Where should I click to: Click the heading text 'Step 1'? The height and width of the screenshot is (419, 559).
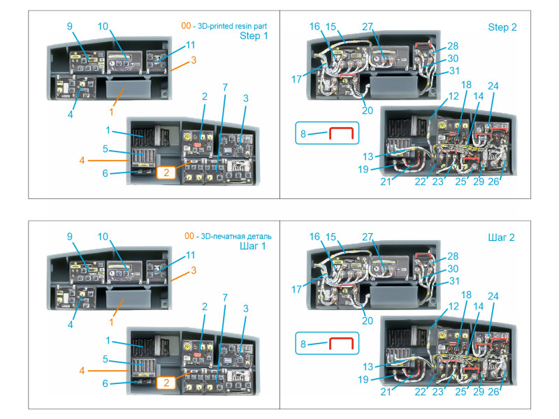(x=254, y=36)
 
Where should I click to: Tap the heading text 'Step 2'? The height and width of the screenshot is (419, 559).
(x=502, y=27)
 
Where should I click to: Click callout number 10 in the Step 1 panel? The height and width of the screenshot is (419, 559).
(x=103, y=27)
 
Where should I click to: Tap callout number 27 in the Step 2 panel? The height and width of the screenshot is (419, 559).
(x=369, y=27)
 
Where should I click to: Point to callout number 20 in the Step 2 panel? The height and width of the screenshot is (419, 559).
(x=368, y=110)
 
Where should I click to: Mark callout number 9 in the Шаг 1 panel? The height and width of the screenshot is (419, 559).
(x=70, y=237)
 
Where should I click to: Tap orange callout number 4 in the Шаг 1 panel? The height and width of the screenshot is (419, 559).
(x=82, y=371)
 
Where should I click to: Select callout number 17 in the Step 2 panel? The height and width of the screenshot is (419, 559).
(x=297, y=79)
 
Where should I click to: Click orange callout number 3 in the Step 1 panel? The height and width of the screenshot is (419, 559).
(x=194, y=60)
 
